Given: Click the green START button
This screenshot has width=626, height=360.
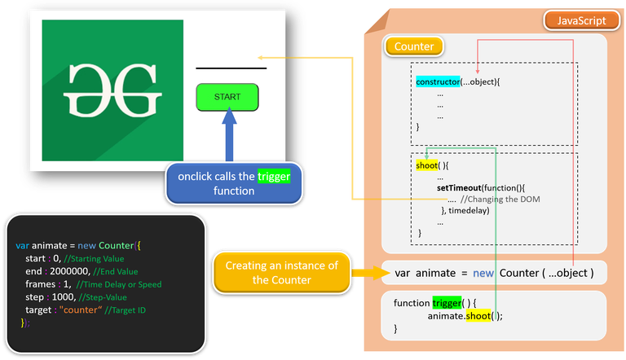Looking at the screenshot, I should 227,97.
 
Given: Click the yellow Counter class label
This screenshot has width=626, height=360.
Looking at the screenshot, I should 414,47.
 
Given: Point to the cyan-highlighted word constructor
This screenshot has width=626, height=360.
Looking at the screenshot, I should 438,82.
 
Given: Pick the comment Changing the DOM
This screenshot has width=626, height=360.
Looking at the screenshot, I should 500,200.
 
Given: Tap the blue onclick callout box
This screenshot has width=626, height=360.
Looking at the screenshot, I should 233,185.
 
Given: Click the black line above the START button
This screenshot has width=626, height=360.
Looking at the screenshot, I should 231,68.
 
